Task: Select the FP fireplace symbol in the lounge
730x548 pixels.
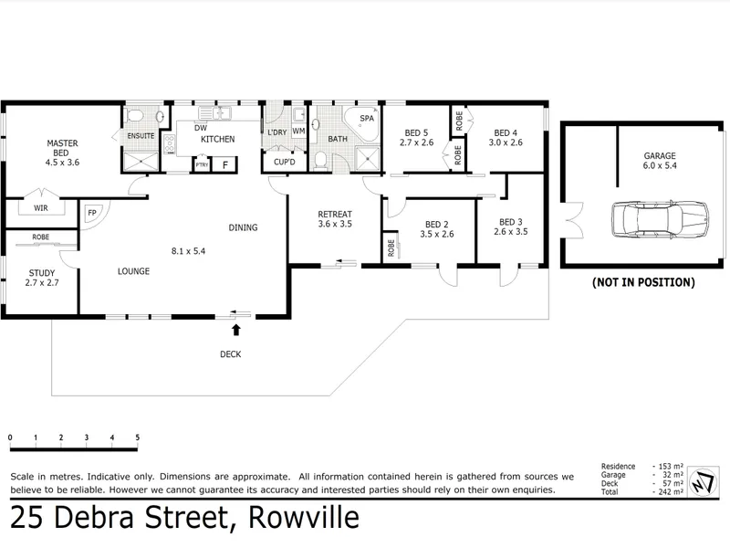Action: click(92, 214)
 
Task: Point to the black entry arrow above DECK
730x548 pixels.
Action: click(237, 330)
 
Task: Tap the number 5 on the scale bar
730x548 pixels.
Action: click(137, 438)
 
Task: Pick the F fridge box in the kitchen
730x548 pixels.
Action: click(224, 164)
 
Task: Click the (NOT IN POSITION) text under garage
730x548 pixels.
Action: click(643, 282)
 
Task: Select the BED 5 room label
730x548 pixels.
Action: click(416, 137)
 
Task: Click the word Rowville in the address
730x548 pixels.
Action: click(303, 519)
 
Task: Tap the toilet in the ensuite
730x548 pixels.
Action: click(135, 116)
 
